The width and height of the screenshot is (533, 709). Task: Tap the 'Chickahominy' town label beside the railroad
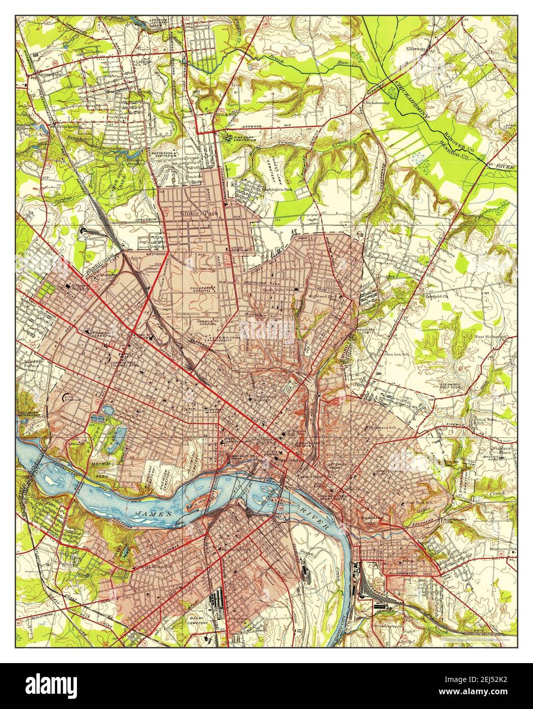376,103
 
